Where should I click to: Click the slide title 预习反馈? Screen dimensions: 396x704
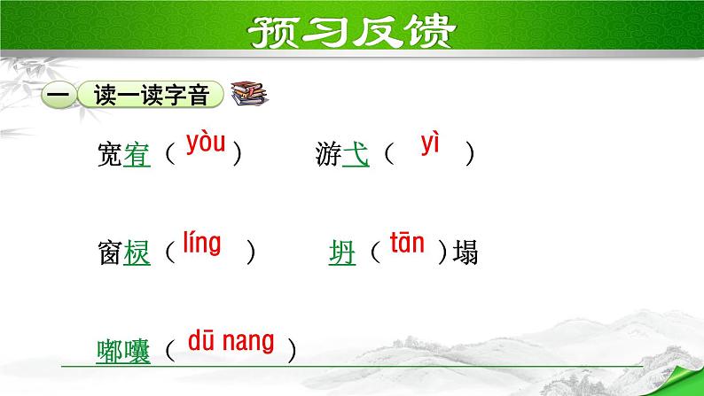[351, 33]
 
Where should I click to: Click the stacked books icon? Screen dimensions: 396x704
[247, 94]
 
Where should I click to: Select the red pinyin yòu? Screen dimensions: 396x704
[207, 144]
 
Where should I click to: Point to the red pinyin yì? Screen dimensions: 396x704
[431, 144]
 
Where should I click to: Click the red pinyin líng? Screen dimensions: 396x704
[202, 242]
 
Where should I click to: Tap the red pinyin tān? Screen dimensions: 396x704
[408, 244]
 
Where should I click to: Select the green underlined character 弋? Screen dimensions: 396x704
[356, 156]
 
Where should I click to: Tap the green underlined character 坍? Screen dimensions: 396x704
[341, 255]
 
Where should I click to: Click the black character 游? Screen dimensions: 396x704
[328, 156]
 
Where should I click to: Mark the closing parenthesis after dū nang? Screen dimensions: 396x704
[290, 352]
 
